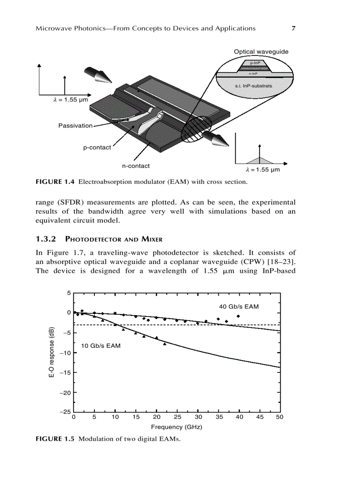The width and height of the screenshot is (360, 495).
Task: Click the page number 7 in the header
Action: coord(293,29)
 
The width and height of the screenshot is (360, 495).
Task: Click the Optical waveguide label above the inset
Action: coord(261,52)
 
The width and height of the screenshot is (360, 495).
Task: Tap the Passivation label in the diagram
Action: coord(75,126)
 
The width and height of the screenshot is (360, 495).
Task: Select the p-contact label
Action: coord(97,147)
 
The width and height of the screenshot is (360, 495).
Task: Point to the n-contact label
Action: coord(136,166)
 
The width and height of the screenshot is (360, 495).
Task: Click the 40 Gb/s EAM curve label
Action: coord(239,306)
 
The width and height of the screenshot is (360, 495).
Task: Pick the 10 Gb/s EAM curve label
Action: coord(101,346)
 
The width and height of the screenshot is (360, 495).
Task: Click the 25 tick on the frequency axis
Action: coord(177,417)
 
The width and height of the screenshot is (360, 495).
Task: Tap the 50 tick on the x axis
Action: coord(279,417)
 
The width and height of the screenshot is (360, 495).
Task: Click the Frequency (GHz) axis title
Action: coord(176,427)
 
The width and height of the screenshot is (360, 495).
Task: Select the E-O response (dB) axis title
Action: coord(51,353)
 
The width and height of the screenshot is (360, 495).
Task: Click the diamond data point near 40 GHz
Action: coord(238,316)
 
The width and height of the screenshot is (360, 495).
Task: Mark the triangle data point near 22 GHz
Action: coord(165,344)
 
